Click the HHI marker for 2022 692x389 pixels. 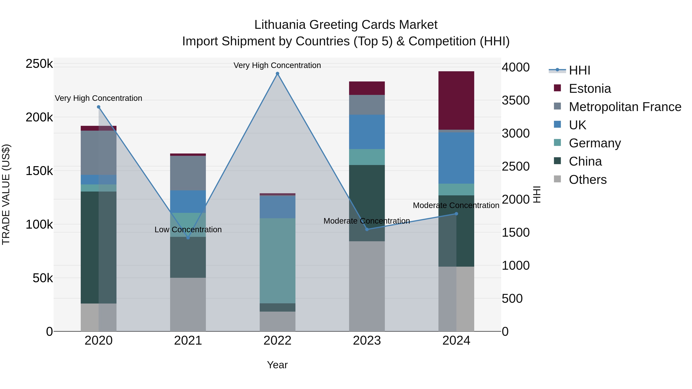click(278, 74)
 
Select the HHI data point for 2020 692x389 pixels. click(99, 107)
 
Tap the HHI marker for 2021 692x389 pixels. click(188, 238)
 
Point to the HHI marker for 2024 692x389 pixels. click(456, 214)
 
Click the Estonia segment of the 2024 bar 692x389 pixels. click(456, 101)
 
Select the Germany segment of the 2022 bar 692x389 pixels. click(278, 260)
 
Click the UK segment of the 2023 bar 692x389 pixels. click(367, 132)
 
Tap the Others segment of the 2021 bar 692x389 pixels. click(188, 304)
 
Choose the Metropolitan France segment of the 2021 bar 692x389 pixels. click(188, 173)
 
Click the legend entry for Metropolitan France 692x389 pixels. click(625, 107)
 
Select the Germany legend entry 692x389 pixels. click(595, 143)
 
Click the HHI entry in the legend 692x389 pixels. click(579, 70)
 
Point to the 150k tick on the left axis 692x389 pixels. click(39, 171)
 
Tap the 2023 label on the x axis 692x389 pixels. click(367, 341)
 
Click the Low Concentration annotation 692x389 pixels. click(188, 230)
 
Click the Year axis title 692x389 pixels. click(277, 365)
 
